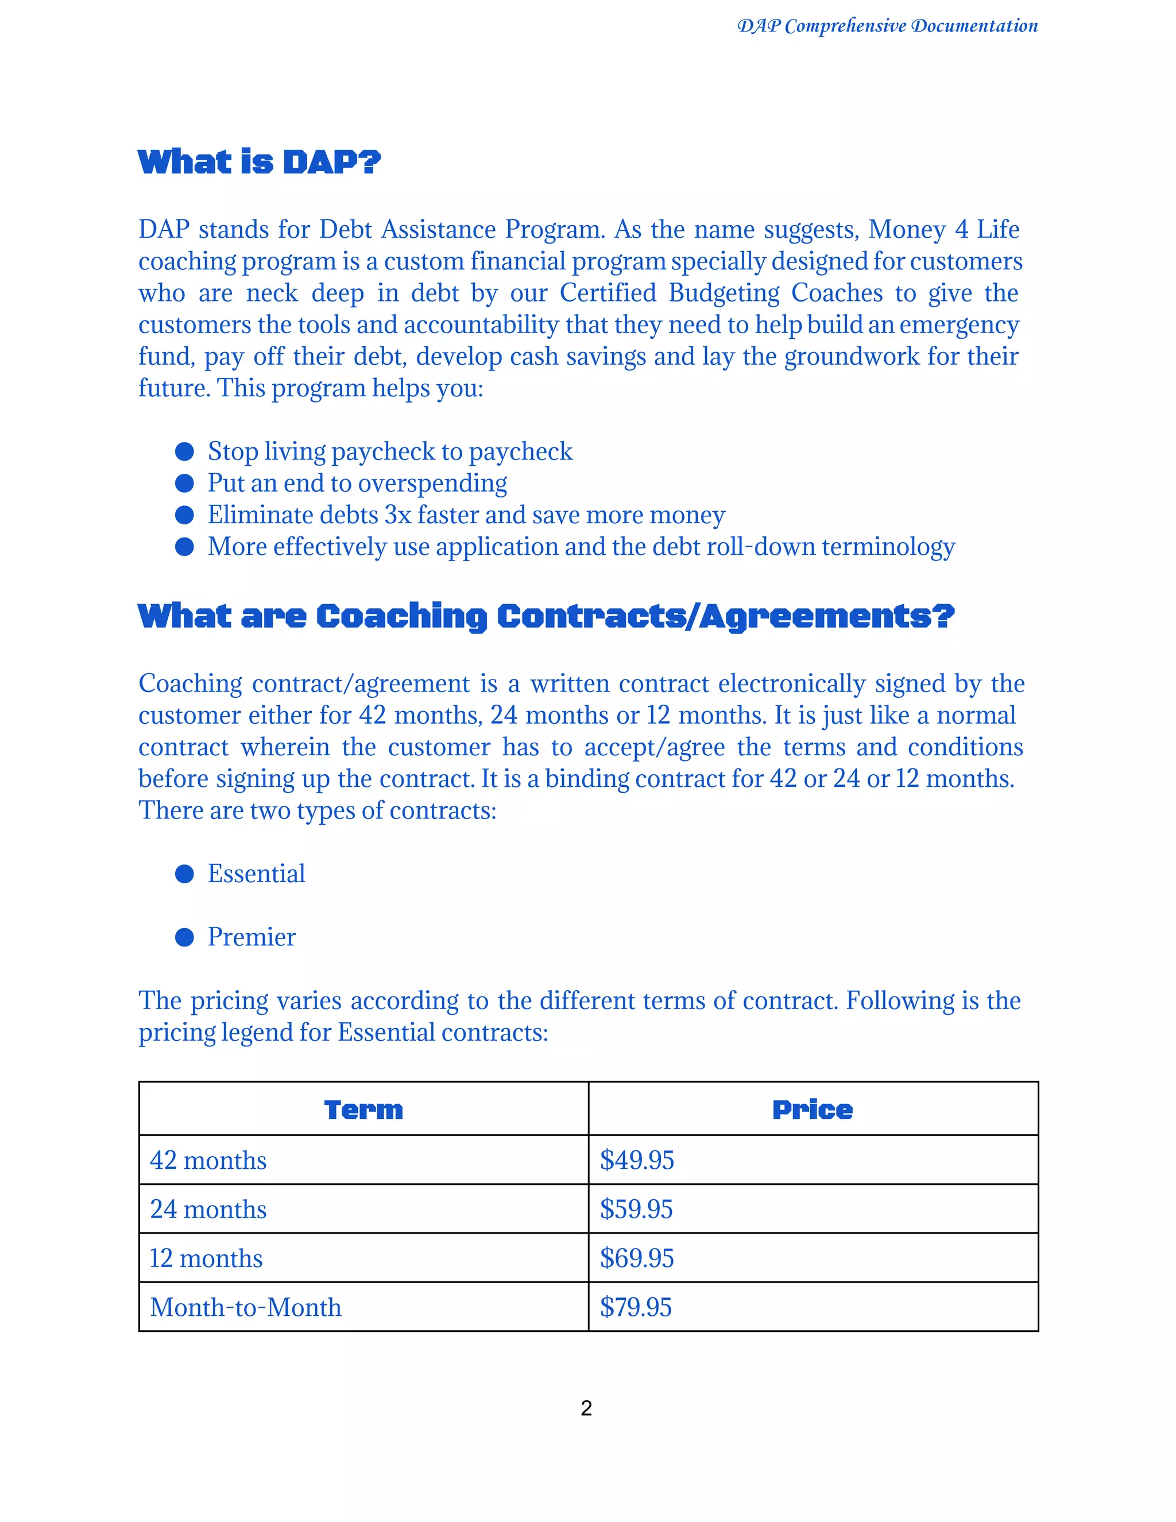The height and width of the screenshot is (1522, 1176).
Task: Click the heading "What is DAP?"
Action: click(x=259, y=162)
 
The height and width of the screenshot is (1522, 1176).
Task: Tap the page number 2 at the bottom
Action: click(x=587, y=1408)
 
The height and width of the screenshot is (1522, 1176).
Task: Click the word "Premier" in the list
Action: click(x=252, y=937)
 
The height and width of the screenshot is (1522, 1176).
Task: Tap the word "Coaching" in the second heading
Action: click(x=401, y=617)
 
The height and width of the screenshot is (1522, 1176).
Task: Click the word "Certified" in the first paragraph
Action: click(x=608, y=293)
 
